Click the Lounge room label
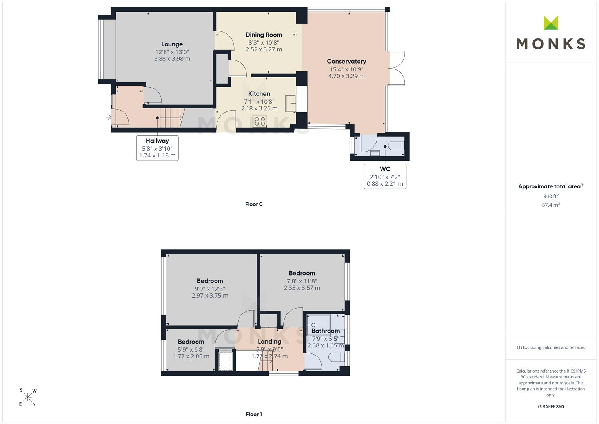click(x=172, y=44)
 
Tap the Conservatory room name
click(x=346, y=62)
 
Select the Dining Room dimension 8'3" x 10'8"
click(x=264, y=42)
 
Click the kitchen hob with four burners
click(x=260, y=121)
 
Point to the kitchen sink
click(x=290, y=103)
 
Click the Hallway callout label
click(x=157, y=141)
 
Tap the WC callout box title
click(x=385, y=169)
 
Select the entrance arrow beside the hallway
click(x=109, y=117)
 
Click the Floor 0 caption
click(x=254, y=204)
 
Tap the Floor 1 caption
click(x=254, y=414)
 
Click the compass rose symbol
click(x=28, y=397)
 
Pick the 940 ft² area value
click(x=551, y=196)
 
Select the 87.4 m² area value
click(x=551, y=205)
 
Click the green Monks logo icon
click(x=551, y=23)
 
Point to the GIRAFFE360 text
click(x=551, y=407)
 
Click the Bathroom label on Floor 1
click(x=326, y=331)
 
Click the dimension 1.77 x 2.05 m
click(x=191, y=356)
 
